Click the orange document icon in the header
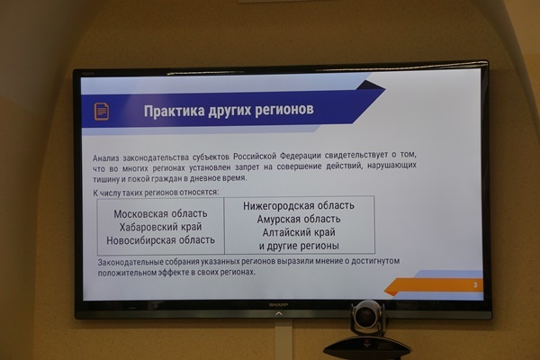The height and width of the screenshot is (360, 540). (102, 112)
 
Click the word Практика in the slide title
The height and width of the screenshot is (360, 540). (174, 112)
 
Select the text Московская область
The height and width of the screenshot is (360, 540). (160, 214)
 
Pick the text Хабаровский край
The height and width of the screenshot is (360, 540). (160, 227)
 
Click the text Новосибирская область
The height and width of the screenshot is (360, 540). (160, 240)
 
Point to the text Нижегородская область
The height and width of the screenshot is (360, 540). (299, 206)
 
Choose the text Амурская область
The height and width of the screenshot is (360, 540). (299, 219)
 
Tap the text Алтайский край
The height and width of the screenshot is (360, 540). (299, 232)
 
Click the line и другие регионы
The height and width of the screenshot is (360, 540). (299, 246)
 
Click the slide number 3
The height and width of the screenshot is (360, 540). (475, 285)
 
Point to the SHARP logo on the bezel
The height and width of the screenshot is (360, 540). (279, 305)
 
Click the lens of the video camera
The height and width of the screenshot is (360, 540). (364, 315)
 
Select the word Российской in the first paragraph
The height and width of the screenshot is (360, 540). (255, 157)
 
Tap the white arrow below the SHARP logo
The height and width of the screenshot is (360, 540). (279, 314)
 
